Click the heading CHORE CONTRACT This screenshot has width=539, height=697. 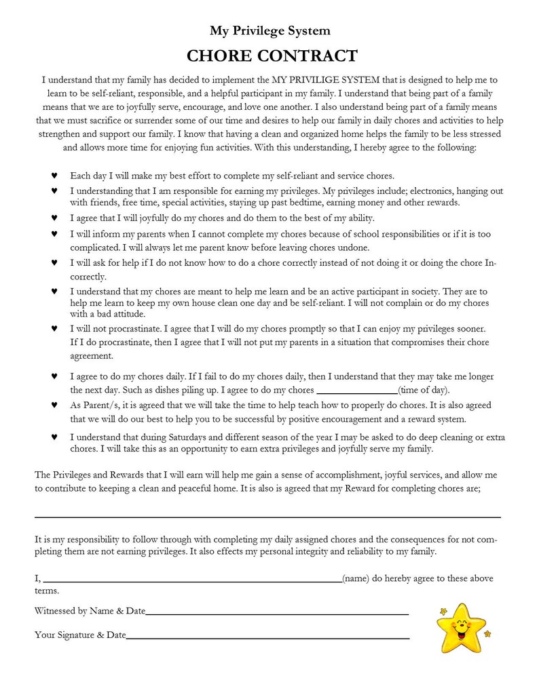(x=272, y=55)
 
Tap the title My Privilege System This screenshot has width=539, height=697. (x=269, y=31)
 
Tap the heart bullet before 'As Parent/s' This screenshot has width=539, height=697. (x=54, y=405)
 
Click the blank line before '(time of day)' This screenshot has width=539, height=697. (x=357, y=391)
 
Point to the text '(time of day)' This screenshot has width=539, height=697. (x=424, y=391)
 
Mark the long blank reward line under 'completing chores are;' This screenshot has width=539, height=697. (x=267, y=517)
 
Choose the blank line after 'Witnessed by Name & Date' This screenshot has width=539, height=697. (x=277, y=613)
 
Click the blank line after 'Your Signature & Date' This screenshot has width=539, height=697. (x=267, y=637)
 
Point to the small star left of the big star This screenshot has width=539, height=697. (x=443, y=612)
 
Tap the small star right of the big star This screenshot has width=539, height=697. (x=487, y=635)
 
